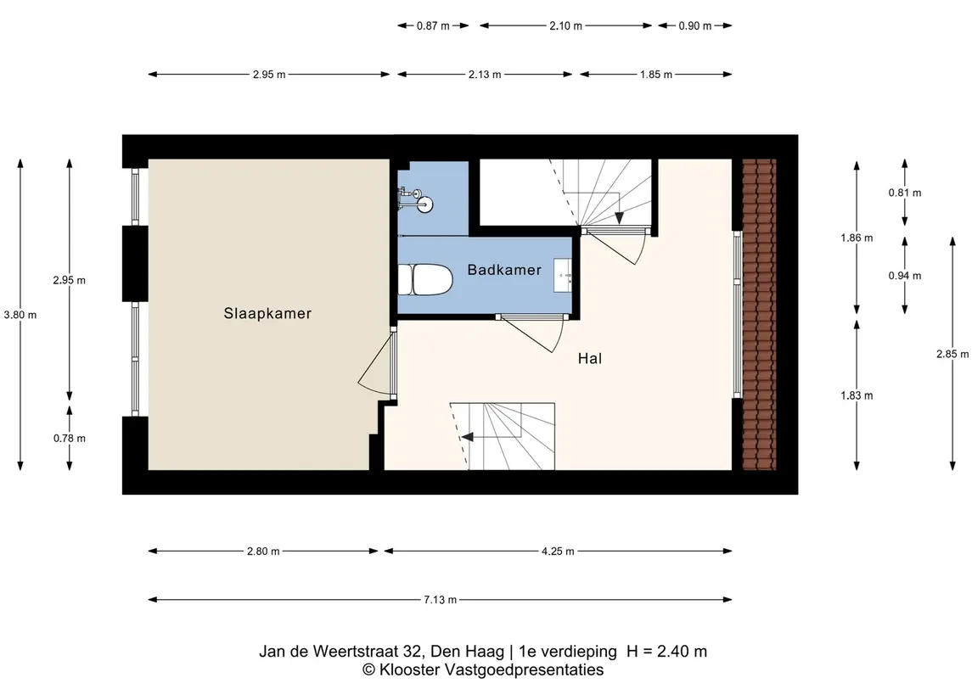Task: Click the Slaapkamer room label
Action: click(x=267, y=313)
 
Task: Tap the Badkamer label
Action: click(x=504, y=270)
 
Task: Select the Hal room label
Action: click(x=590, y=359)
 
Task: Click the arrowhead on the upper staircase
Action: click(x=621, y=218)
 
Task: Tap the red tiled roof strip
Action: click(x=759, y=314)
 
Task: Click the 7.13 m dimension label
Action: click(x=440, y=600)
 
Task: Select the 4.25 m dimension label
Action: click(x=558, y=552)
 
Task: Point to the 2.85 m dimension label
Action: click(x=952, y=355)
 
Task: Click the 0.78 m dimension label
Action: click(x=70, y=439)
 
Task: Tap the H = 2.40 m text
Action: click(x=666, y=652)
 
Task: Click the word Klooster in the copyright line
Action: click(x=408, y=670)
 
